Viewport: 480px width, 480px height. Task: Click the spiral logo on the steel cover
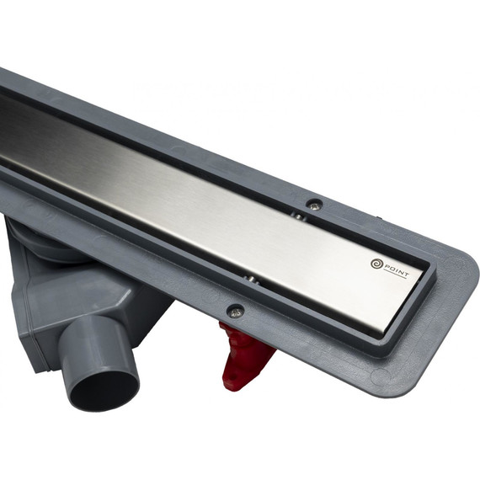click(376, 264)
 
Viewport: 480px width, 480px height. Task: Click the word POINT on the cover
click(397, 270)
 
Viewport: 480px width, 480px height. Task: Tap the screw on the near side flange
click(235, 311)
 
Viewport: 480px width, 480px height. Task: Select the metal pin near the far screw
click(299, 216)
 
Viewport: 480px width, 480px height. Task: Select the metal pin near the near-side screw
click(250, 280)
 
